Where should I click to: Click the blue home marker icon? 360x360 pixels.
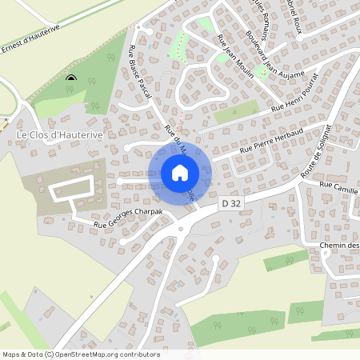click(180, 172)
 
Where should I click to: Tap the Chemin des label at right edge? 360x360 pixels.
click(339, 245)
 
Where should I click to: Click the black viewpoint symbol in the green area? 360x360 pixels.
click(71, 78)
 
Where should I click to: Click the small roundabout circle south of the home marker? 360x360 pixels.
click(180, 230)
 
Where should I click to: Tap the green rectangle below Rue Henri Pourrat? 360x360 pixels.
click(237, 112)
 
